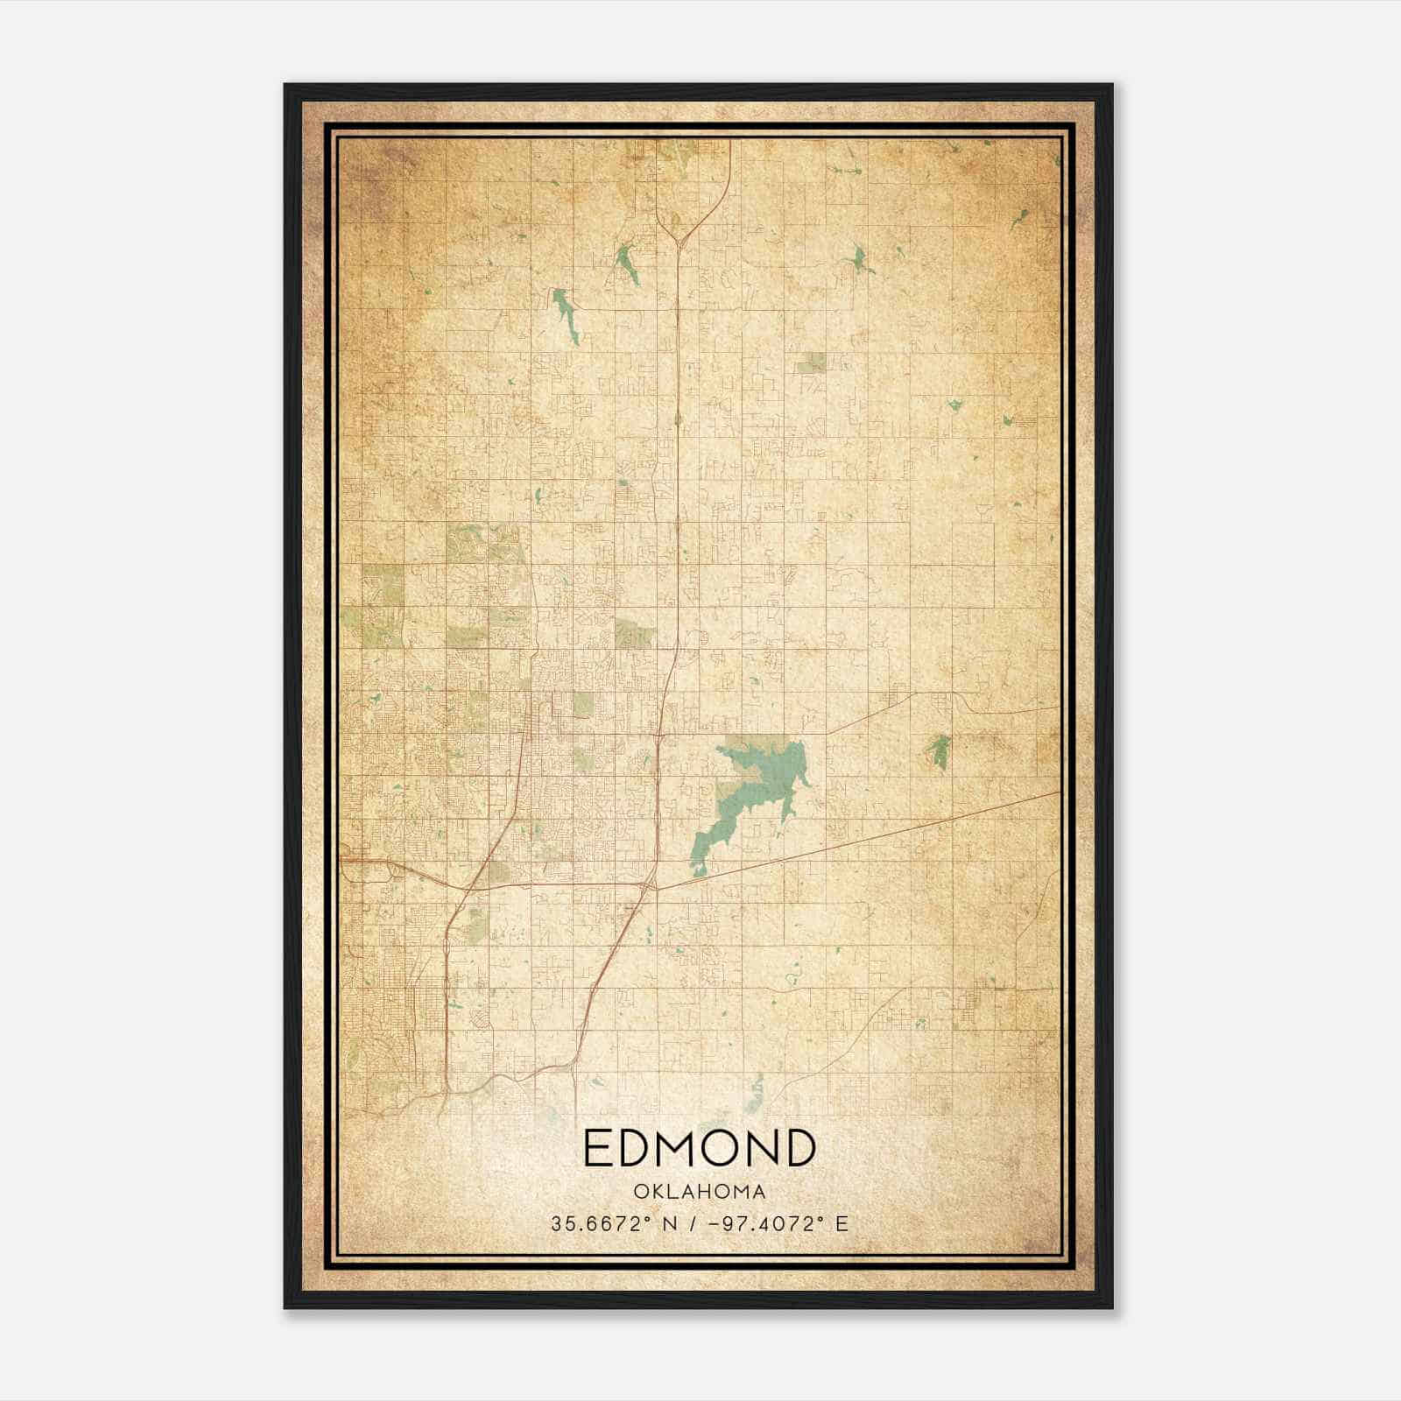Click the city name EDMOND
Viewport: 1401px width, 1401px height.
pos(699,1148)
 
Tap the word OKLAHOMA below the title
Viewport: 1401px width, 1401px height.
pos(699,1192)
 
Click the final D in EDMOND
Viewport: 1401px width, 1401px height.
pos(799,1148)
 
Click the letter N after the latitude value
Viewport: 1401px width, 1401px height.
pos(670,1224)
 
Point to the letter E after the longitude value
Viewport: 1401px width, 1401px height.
pos(842,1224)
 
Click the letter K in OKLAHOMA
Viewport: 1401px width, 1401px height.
pos(656,1192)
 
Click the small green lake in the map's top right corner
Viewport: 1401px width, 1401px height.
pos(1021,217)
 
